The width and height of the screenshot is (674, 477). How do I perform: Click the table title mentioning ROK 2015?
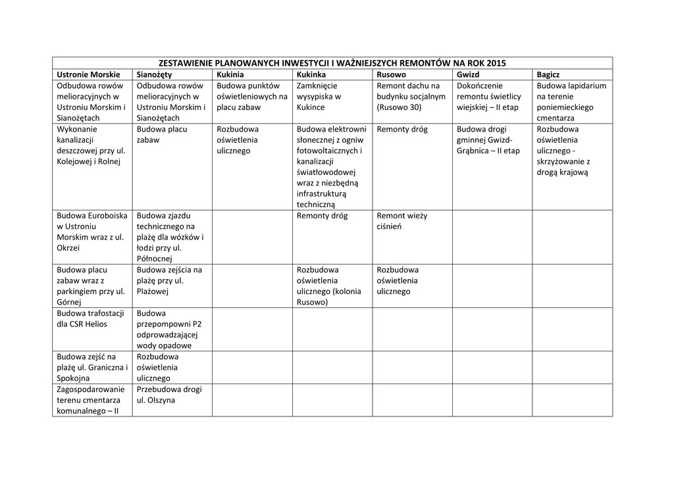pyautogui.click(x=332, y=63)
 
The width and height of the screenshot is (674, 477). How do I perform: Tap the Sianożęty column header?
pyautogui.click(x=154, y=74)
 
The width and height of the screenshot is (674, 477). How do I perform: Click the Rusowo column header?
pyautogui.click(x=392, y=74)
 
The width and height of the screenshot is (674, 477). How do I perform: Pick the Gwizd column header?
pyautogui.click(x=468, y=74)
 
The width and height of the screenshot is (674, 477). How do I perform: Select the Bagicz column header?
pyautogui.click(x=548, y=74)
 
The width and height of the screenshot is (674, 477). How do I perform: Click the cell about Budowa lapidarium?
pyautogui.click(x=571, y=101)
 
